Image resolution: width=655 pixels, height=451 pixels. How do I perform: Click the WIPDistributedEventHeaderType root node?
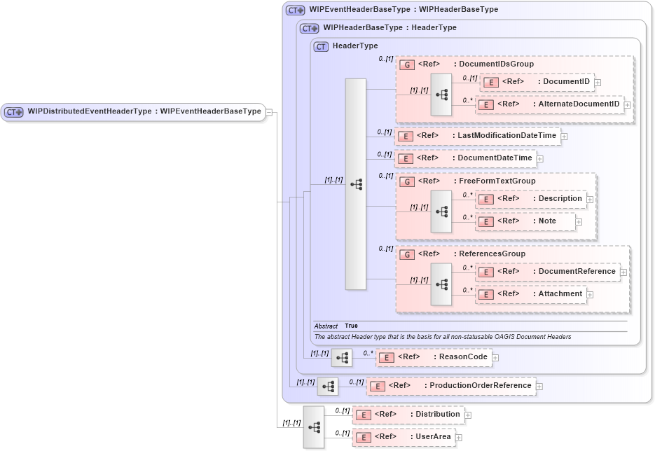point(133,112)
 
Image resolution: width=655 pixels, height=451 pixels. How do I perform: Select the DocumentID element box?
point(537,82)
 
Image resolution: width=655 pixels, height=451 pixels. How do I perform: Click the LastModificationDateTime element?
point(478,136)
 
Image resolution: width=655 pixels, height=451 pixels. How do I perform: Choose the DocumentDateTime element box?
point(466,158)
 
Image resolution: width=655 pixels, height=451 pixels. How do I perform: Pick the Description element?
point(530,199)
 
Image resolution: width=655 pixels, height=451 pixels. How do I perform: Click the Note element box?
point(525,221)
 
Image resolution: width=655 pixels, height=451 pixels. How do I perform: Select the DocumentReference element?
point(547,272)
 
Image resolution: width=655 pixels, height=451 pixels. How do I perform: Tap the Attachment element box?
point(530,294)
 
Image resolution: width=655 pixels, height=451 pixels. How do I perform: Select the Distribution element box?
point(408,415)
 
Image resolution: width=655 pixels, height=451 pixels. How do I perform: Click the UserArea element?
point(403,437)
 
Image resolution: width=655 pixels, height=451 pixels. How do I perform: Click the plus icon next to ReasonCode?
point(495,357)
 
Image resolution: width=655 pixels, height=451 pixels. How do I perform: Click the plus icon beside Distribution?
point(468,415)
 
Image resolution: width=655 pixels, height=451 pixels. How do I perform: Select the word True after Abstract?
point(351,326)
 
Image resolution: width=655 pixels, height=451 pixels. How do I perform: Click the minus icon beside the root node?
point(270,112)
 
